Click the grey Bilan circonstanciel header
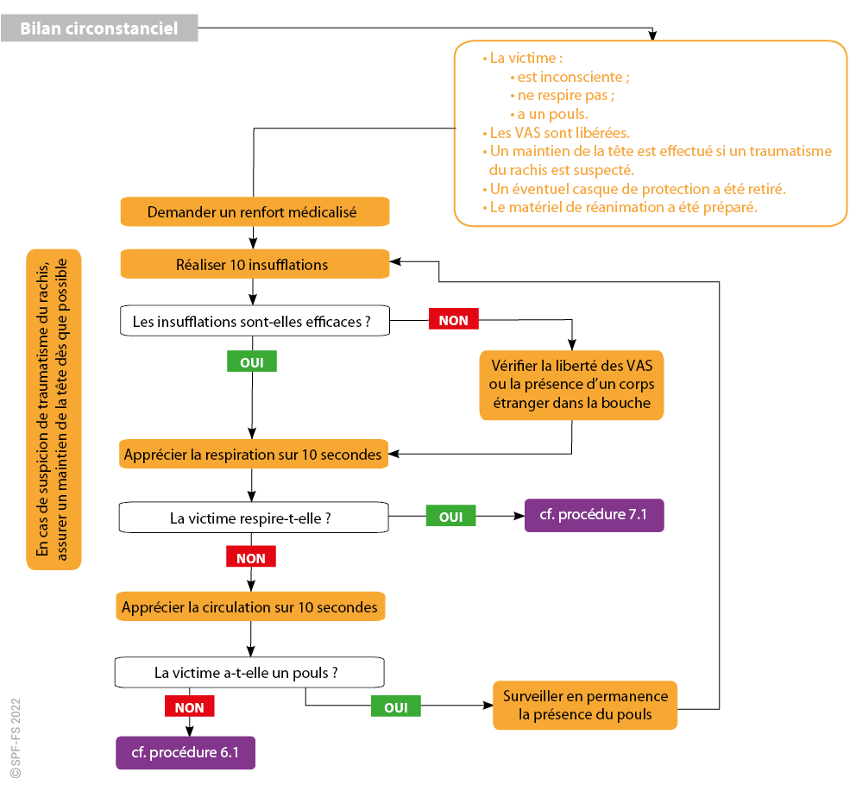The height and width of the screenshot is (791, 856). tap(99, 28)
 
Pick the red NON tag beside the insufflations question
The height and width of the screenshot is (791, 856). tap(454, 320)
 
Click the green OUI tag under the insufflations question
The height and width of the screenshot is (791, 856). tap(251, 362)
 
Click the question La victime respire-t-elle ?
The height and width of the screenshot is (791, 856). tap(253, 518)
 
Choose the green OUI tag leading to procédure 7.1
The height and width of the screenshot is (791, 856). tap(450, 517)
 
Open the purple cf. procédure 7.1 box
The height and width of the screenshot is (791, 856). tap(594, 515)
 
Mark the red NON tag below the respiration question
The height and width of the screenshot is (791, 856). tap(251, 558)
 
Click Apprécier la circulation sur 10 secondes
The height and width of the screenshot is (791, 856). tap(250, 607)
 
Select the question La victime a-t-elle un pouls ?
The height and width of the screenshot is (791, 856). tap(249, 673)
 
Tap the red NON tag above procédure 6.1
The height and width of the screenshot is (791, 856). tap(189, 707)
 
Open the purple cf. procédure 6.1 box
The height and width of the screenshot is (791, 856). tap(186, 752)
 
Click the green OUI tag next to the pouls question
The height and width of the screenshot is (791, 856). tap(395, 707)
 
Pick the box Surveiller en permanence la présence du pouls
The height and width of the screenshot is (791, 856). tap(585, 705)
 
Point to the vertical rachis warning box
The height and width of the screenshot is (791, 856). tap(53, 410)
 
